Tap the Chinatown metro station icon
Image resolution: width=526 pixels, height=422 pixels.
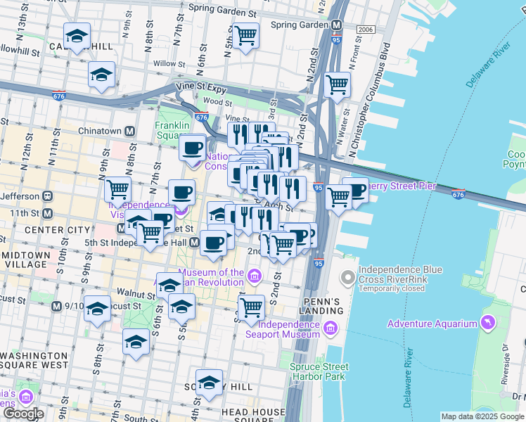click(x=129, y=132)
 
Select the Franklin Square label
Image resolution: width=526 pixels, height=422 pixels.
click(x=172, y=130)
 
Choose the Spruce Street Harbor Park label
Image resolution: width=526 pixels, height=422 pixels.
click(x=319, y=371)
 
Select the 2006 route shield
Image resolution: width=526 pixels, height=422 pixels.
click(x=365, y=30)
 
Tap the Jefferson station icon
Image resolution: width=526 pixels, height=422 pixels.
click(x=47, y=196)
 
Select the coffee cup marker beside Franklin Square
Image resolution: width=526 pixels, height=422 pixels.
click(x=192, y=148)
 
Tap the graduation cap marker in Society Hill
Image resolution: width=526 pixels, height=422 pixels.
click(x=209, y=383)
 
